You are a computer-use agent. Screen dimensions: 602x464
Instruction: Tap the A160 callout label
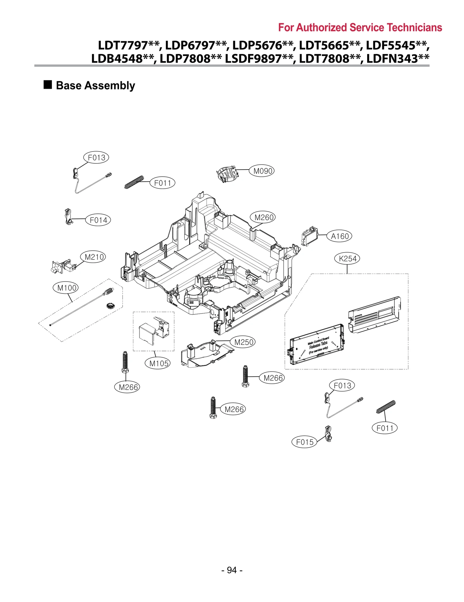[x=339, y=236]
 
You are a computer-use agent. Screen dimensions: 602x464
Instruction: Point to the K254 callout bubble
[x=347, y=258]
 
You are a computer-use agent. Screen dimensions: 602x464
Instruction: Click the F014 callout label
[x=98, y=220]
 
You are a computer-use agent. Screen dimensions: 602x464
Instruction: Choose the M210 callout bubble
[x=93, y=257]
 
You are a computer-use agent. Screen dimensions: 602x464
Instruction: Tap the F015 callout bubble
[x=304, y=442]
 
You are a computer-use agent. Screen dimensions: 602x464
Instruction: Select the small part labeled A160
[x=309, y=236]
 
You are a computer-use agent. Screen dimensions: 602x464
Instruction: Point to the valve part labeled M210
[x=64, y=266]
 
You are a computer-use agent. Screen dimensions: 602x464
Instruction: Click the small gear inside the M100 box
[x=110, y=305]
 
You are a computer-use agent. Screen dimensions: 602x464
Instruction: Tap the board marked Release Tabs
[x=317, y=344]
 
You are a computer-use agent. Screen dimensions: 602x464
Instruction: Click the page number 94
[x=232, y=570]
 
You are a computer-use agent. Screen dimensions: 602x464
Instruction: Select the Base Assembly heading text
[x=95, y=86]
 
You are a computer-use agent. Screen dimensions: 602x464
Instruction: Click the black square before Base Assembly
[x=48, y=85]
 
